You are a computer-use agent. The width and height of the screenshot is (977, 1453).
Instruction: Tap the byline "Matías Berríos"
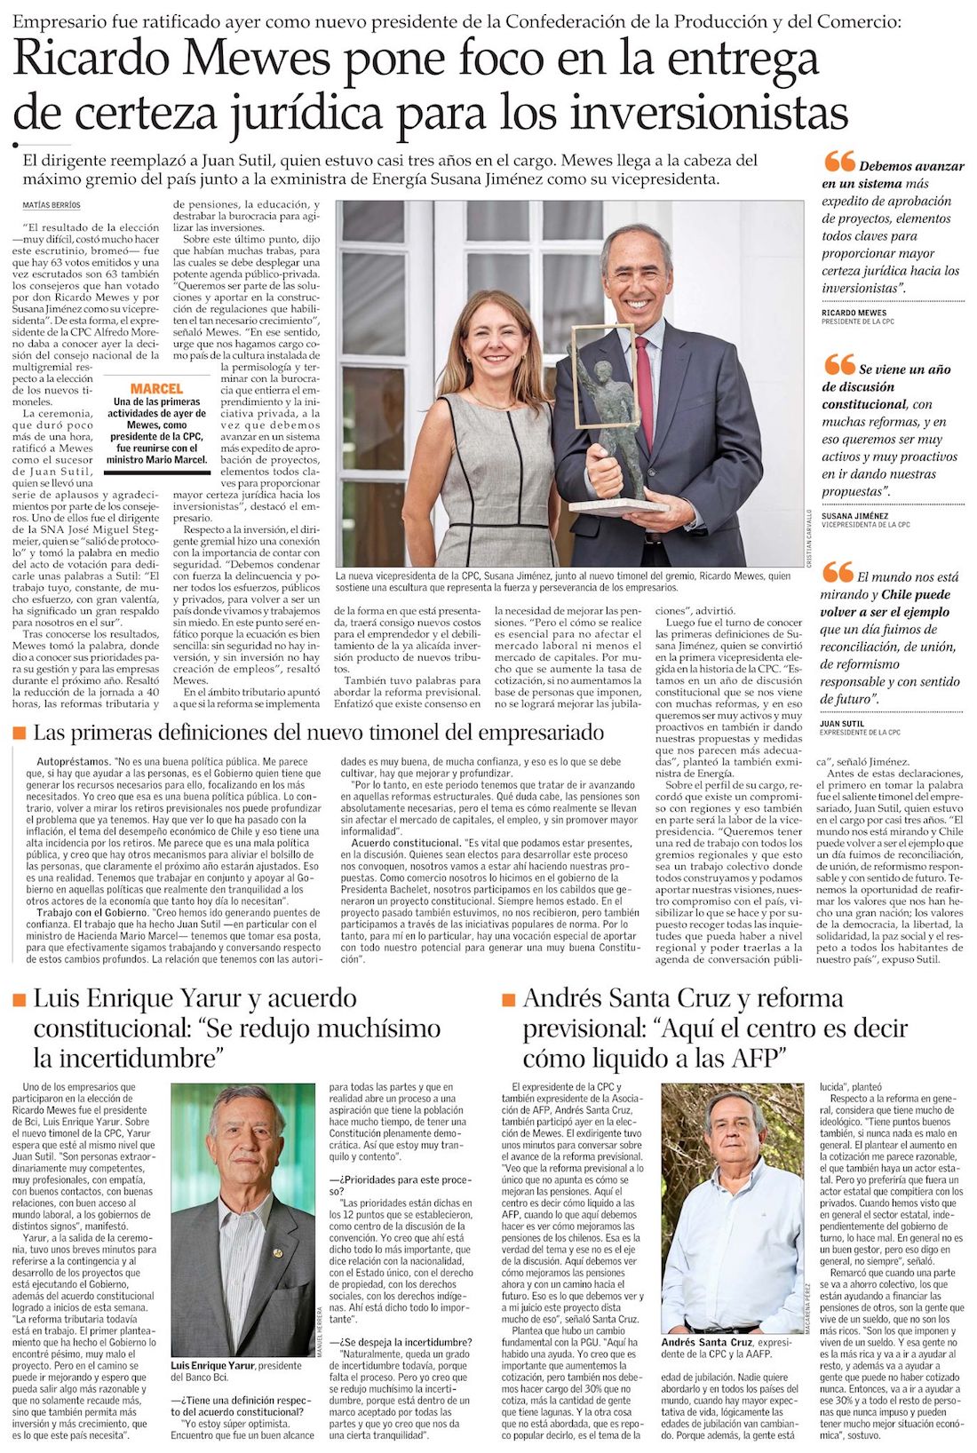[52, 206]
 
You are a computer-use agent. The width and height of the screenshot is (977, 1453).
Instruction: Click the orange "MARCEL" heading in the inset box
[156, 388]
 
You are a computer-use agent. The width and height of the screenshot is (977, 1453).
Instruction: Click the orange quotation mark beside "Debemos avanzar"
[838, 163]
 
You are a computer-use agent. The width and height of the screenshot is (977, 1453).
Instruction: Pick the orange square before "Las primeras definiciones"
[20, 733]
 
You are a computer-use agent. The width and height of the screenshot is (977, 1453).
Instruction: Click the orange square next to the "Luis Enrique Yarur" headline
[20, 1000]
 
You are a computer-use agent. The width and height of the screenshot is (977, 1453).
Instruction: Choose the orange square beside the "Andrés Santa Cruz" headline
[508, 1000]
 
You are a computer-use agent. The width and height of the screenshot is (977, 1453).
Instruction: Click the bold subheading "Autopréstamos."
[74, 762]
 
